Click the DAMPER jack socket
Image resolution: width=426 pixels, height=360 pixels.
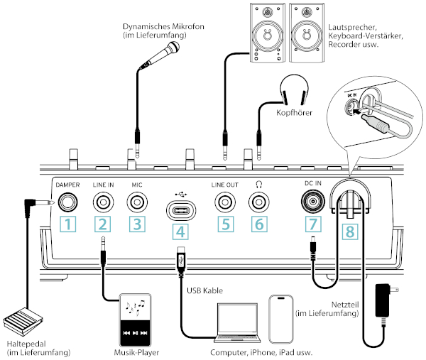pyautogui.click(x=67, y=202)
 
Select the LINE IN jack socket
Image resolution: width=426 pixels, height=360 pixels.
pyautogui.click(x=103, y=202)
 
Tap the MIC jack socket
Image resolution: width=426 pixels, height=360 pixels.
pyautogui.click(x=137, y=202)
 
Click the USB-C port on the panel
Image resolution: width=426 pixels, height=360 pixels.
pyautogui.click(x=181, y=210)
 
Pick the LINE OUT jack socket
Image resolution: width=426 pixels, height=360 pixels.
pyautogui.click(x=225, y=202)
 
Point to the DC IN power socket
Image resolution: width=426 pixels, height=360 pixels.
pyautogui.click(x=312, y=202)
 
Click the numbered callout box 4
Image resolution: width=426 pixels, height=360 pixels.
pyautogui.click(x=180, y=231)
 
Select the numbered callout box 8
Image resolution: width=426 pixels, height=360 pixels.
pyautogui.click(x=350, y=231)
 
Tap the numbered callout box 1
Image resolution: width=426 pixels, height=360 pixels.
pyautogui.click(x=67, y=224)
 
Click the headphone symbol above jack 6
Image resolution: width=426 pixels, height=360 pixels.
pyautogui.click(x=259, y=185)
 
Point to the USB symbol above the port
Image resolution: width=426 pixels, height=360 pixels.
pyautogui.click(x=180, y=194)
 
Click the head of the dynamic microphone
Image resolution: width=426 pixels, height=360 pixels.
pyautogui.click(x=173, y=48)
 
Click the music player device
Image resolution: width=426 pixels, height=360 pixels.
pyautogui.click(x=136, y=320)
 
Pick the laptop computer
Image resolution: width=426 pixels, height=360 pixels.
pyautogui.click(x=237, y=323)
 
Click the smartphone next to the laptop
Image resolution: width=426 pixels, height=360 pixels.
pyautogui.click(x=281, y=320)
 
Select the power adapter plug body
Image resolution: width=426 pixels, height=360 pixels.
pyautogui.click(x=383, y=300)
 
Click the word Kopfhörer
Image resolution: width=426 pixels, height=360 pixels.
pyautogui.click(x=294, y=112)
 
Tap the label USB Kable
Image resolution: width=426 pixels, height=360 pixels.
pyautogui.click(x=205, y=290)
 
